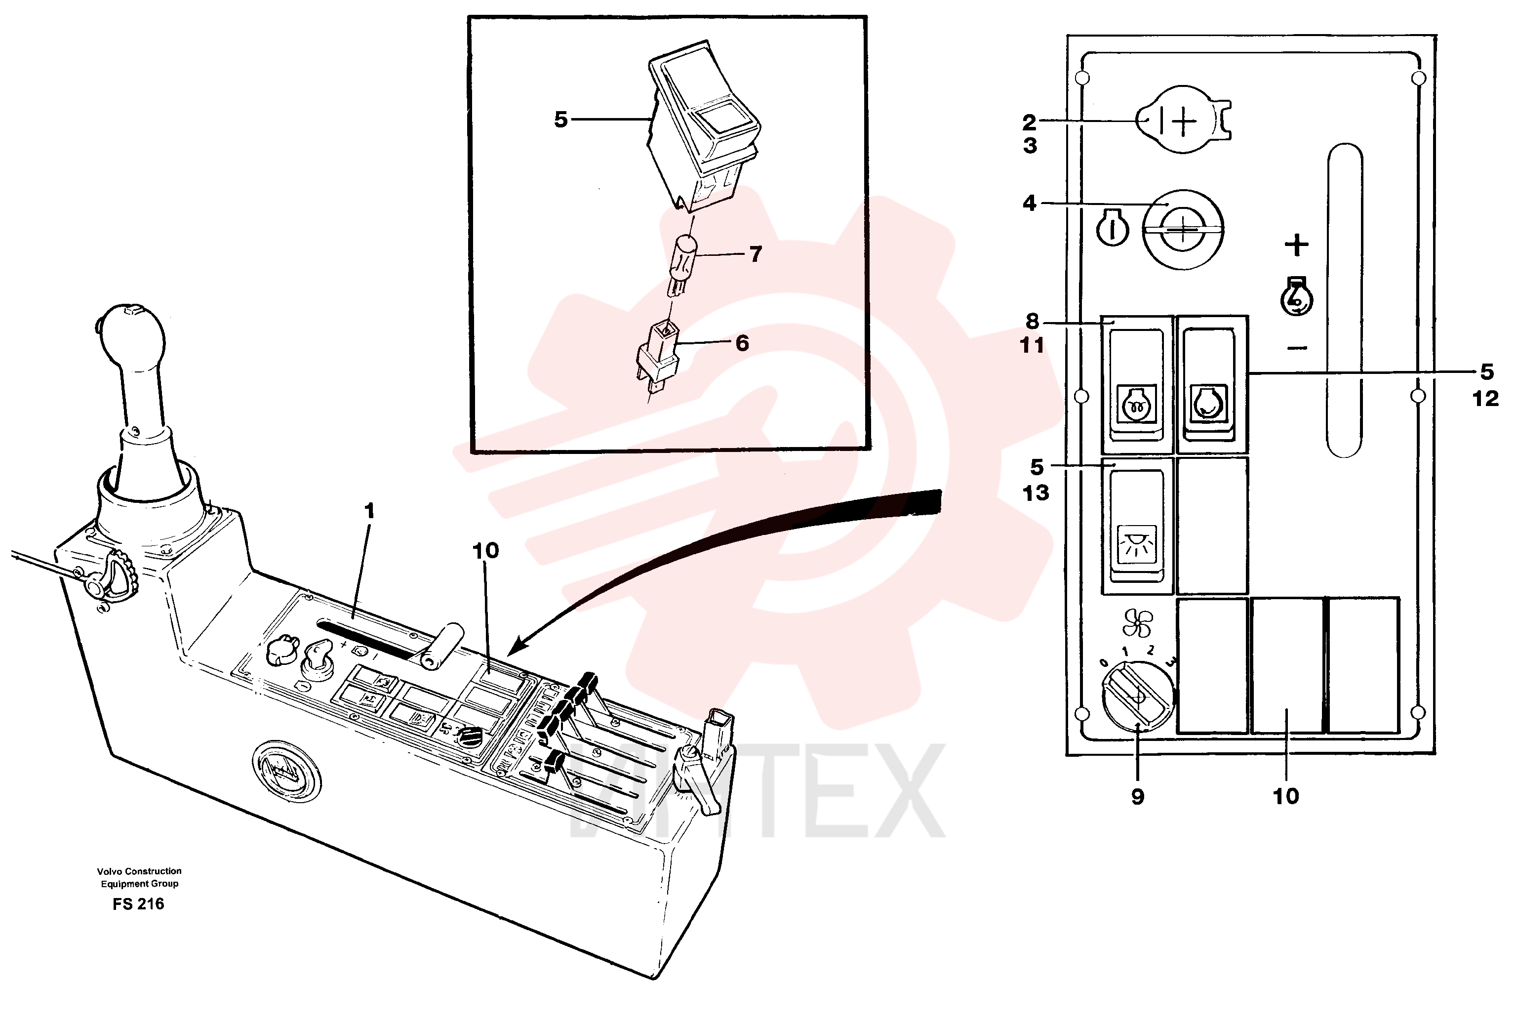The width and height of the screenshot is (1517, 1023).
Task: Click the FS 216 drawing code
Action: (138, 903)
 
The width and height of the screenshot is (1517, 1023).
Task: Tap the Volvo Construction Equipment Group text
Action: (139, 877)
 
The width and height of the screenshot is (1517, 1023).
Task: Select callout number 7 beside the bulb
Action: (755, 254)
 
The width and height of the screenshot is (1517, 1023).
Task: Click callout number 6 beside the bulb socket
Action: (742, 343)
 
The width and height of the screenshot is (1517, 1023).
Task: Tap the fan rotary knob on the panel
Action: (1137, 700)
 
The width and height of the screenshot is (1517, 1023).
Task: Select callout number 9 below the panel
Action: (1137, 797)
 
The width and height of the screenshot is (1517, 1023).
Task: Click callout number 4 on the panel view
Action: (1029, 204)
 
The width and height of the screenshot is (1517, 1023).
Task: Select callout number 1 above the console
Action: (370, 511)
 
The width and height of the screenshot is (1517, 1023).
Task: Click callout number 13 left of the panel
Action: (1036, 493)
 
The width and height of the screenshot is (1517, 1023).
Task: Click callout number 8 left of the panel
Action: (1032, 321)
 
